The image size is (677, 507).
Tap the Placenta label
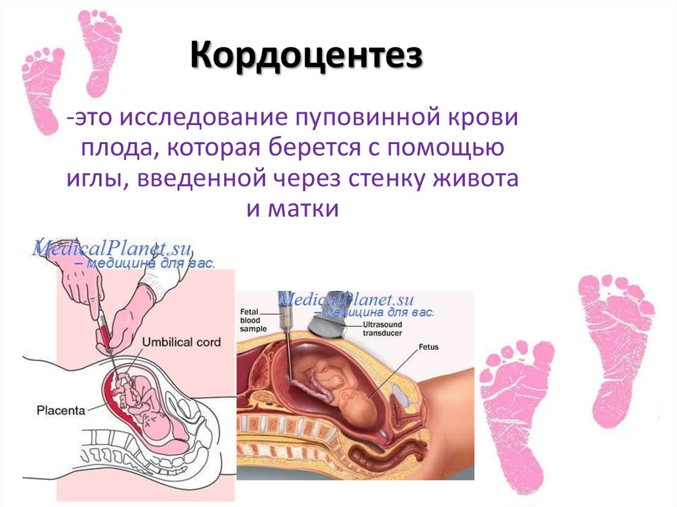point(61,410)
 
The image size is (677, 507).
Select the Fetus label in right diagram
point(428,346)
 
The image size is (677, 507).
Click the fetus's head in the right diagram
point(358,403)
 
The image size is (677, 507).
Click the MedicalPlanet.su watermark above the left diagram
point(112,251)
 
